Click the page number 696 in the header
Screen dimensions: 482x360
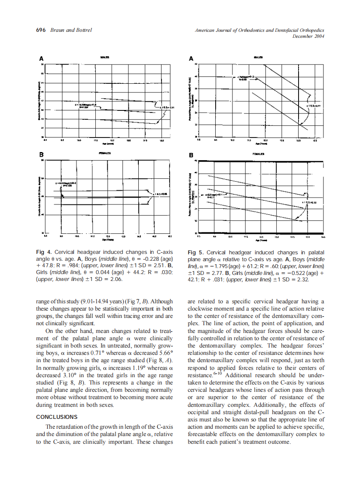[x=41, y=30]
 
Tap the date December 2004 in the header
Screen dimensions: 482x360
[x=308, y=36]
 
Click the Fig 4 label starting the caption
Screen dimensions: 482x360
[x=45, y=252]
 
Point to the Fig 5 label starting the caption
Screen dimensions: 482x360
[x=196, y=253]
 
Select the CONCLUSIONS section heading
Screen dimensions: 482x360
[x=57, y=417]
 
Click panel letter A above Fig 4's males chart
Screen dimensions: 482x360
[x=42, y=58]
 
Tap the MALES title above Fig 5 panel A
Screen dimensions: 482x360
[x=258, y=57]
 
